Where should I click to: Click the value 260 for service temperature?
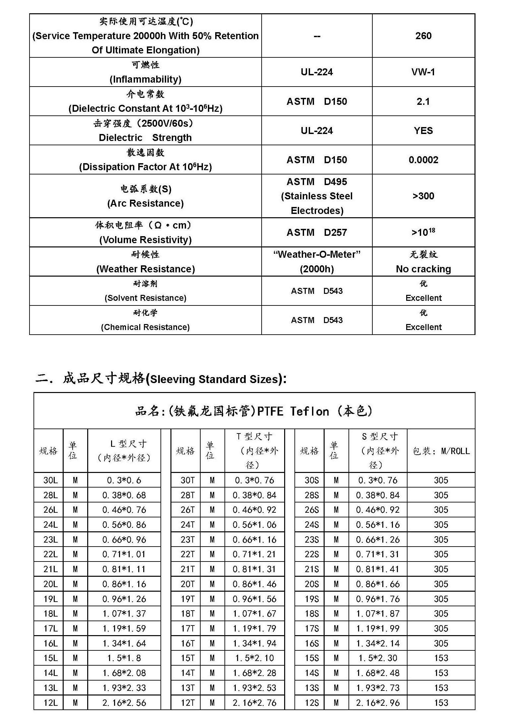click(423, 36)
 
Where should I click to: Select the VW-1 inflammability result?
click(423, 72)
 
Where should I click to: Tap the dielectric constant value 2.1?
click(423, 101)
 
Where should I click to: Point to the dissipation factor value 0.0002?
click(423, 160)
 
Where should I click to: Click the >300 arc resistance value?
click(423, 196)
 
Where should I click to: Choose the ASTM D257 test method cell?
click(317, 232)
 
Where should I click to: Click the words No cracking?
click(423, 269)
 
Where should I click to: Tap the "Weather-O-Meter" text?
click(317, 254)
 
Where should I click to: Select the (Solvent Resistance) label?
click(145, 298)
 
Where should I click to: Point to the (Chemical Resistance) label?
click(145, 327)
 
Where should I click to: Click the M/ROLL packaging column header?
click(441, 451)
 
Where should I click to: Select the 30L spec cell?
click(50, 480)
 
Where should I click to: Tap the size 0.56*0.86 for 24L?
click(124, 525)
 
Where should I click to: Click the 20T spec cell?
click(187, 584)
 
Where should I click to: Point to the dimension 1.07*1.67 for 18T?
click(254, 614)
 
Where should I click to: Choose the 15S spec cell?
click(312, 658)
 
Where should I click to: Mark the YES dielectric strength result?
click(423, 131)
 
